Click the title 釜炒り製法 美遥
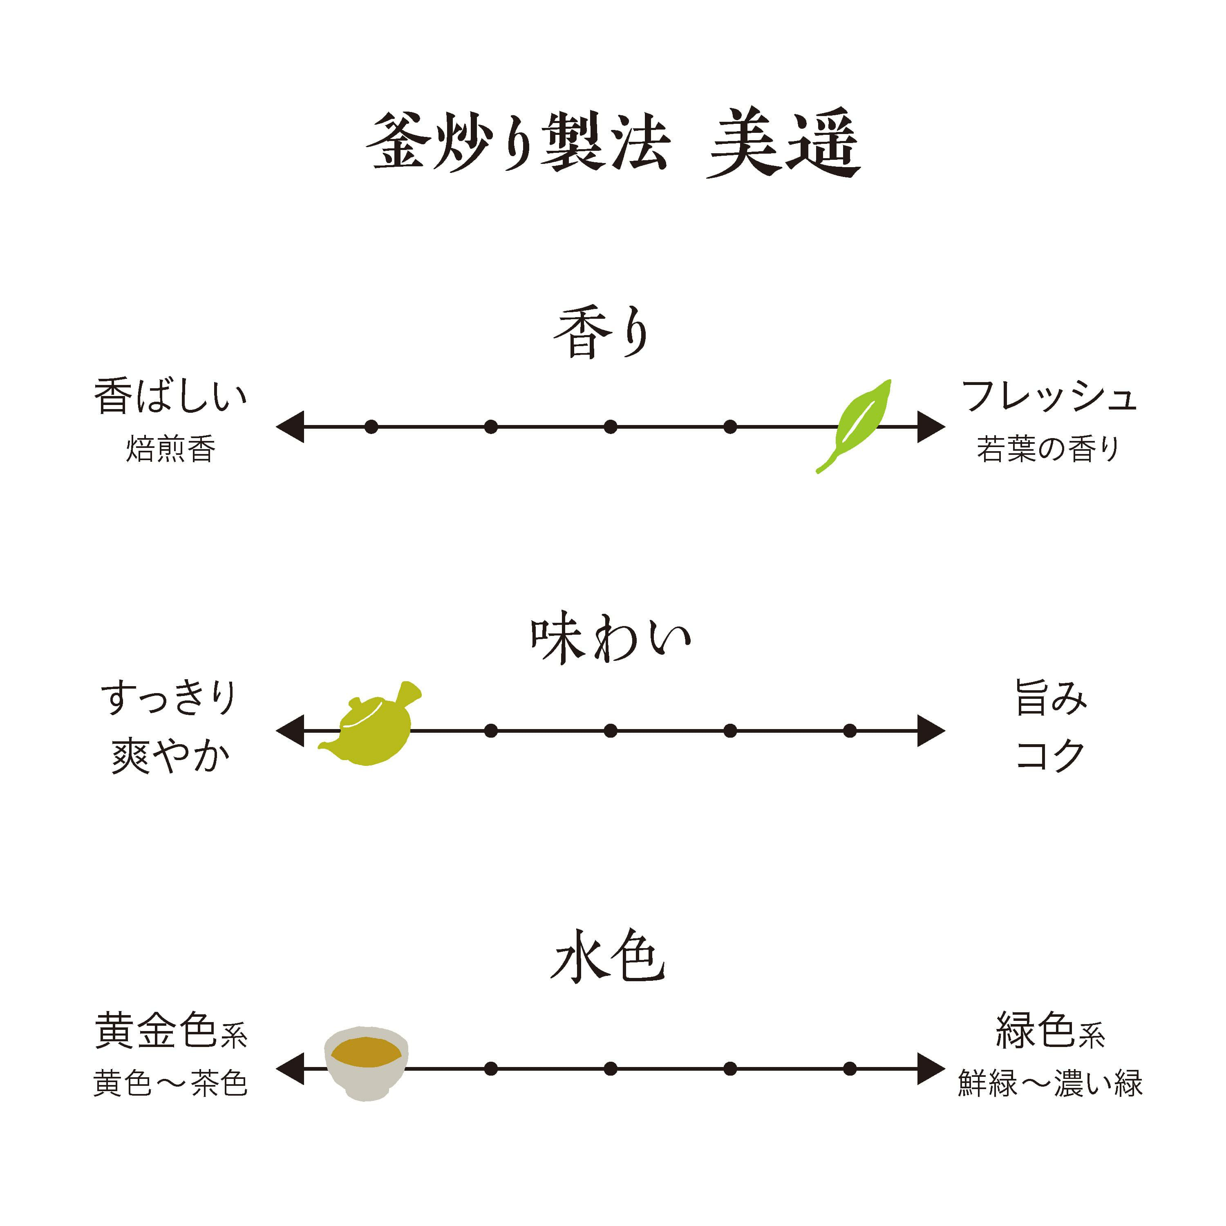click(x=613, y=143)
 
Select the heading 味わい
click(x=611, y=639)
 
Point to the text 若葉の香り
click(x=1048, y=449)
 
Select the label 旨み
click(x=1051, y=698)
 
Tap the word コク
click(x=1051, y=755)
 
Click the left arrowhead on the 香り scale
click(x=291, y=426)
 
